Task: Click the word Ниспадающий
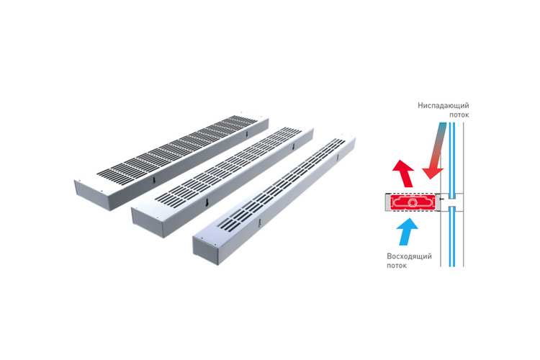444,105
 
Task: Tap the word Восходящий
409,256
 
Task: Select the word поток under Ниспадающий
459,114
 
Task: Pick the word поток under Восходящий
397,266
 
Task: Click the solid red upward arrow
404,174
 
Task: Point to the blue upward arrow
408,232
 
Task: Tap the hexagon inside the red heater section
411,202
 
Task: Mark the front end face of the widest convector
93,195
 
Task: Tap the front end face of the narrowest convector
206,251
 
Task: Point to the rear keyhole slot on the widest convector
246,135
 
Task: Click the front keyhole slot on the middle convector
207,203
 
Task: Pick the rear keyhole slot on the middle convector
294,146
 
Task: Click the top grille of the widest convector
176,146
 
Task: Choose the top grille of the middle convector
228,164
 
